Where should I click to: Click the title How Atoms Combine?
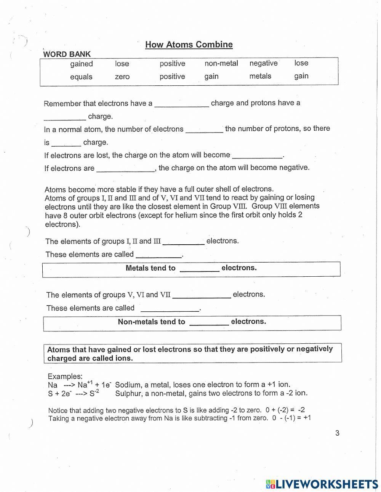coord(189,45)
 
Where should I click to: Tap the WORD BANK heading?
coord(67,54)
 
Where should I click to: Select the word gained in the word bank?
coord(81,64)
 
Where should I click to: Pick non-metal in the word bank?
coord(221,63)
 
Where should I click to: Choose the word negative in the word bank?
coord(263,63)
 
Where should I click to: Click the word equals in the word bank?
coord(81,77)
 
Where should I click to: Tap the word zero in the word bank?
coord(122,77)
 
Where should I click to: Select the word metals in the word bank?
coord(260,76)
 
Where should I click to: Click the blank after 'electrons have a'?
coord(181,104)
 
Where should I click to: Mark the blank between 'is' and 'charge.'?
coord(66,143)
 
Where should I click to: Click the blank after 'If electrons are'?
coord(125,168)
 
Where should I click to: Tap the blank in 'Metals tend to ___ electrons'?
coord(199,268)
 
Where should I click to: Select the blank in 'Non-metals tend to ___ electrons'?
coord(209,322)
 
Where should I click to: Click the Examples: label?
coord(65,376)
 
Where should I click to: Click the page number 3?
coord(337,433)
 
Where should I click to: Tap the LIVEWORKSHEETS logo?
coord(322,484)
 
